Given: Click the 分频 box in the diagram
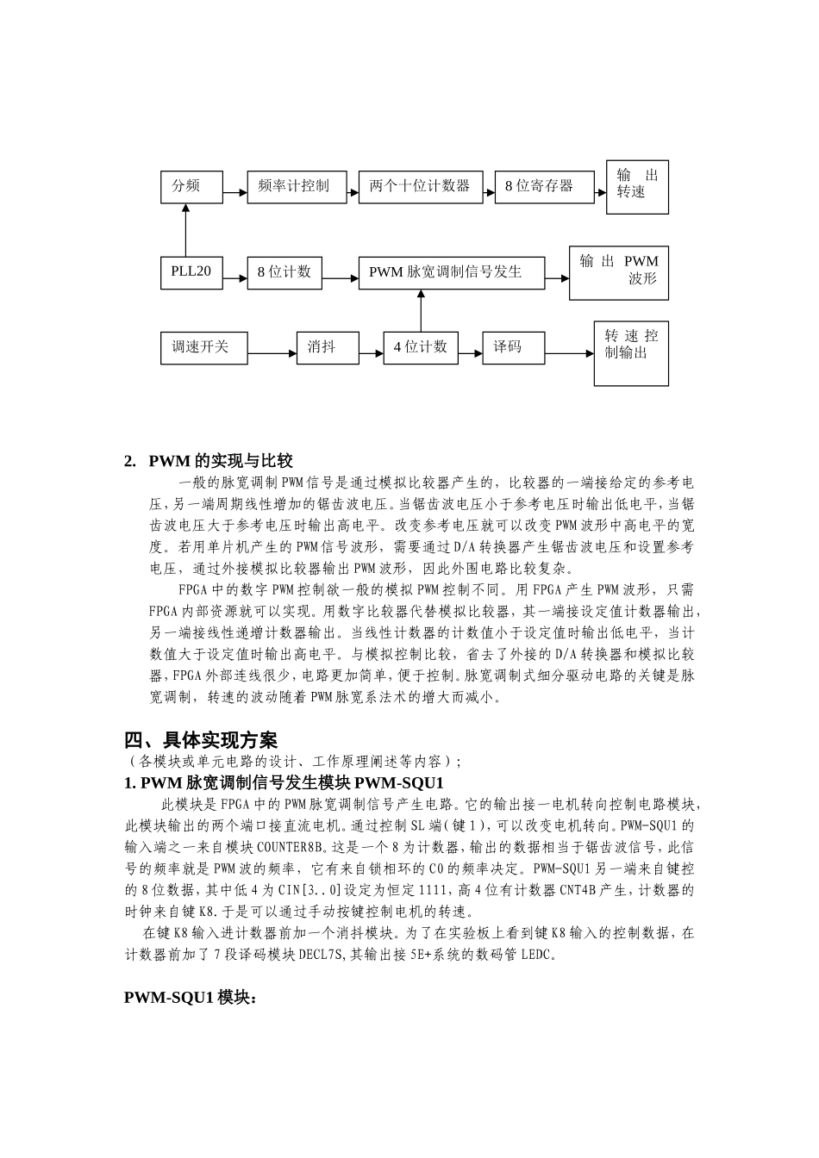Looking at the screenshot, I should pyautogui.click(x=191, y=186).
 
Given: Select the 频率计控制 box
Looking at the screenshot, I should pyautogui.click(x=297, y=186).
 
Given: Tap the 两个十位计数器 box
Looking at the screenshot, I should pyautogui.click(x=420, y=186).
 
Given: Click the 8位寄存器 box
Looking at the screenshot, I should pyautogui.click(x=544, y=186).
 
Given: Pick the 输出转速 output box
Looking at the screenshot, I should pyautogui.click(x=637, y=187).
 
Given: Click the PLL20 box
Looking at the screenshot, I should pyautogui.click(x=191, y=271).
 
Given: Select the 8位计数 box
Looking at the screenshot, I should pyautogui.click(x=284, y=271).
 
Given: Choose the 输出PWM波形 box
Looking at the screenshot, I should pyautogui.click(x=618, y=271).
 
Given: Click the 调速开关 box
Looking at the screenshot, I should pyautogui.click(x=203, y=347).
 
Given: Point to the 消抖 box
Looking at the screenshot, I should pyautogui.click(x=328, y=347).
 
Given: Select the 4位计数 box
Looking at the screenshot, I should pyautogui.click(x=421, y=347).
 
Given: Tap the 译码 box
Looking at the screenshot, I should pyautogui.click(x=513, y=347).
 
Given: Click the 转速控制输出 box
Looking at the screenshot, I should pyautogui.click(x=631, y=353).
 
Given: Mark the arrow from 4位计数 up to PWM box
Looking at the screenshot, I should pyautogui.click(x=421, y=310).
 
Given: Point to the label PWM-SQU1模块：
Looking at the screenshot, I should pyautogui.click(x=191, y=997).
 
